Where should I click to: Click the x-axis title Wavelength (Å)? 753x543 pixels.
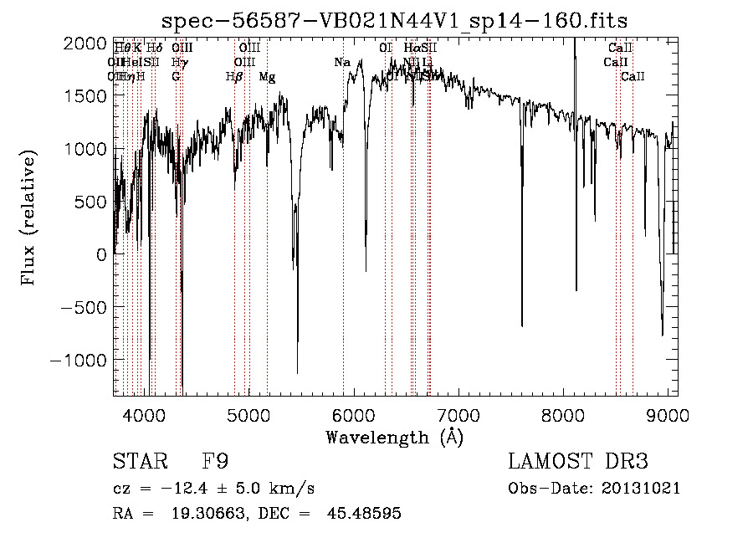tap(394, 437)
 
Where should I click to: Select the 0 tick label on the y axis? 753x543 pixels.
tap(101, 254)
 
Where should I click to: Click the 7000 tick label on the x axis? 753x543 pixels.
tap(458, 414)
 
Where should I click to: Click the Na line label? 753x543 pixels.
tap(341, 63)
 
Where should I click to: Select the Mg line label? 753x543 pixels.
tap(267, 77)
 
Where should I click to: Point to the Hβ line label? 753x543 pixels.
tap(234, 77)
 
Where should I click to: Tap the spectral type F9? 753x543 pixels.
tap(215, 462)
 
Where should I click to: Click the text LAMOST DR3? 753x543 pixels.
tap(577, 462)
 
